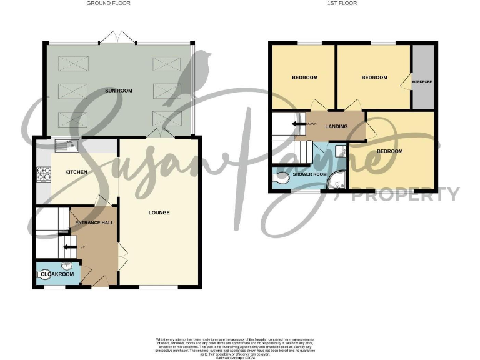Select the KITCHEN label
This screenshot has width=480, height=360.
(x=76, y=172)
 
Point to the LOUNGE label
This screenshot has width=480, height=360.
(x=159, y=213)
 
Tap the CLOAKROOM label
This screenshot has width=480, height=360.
(x=57, y=274)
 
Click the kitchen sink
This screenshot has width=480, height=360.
(x=65, y=146)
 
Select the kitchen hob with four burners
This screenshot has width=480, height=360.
(x=44, y=172)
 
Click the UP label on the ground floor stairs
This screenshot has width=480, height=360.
(x=82, y=246)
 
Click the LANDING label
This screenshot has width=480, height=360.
(x=336, y=127)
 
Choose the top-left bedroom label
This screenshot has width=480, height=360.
(x=305, y=77)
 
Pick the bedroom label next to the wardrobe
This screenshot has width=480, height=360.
(x=374, y=77)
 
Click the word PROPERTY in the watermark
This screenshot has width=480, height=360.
(x=405, y=195)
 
